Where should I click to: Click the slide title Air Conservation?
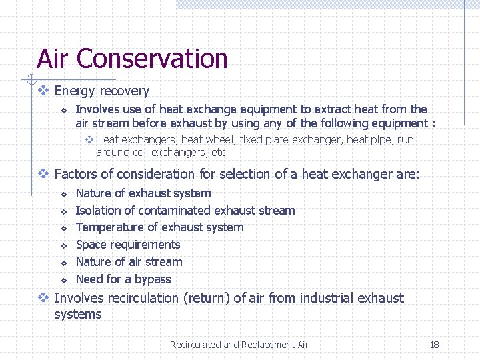tap(132, 59)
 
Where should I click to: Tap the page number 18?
tap(434, 345)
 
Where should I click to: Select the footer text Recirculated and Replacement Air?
tap(239, 345)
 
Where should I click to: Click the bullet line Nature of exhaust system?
tap(143, 193)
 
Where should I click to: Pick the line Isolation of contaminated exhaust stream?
tap(185, 211)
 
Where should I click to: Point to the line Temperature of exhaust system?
tap(159, 227)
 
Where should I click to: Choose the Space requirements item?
tap(128, 245)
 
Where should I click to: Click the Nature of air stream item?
tap(129, 262)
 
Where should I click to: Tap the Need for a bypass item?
tap(123, 279)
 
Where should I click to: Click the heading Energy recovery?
tap(101, 91)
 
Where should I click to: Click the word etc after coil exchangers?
tap(217, 153)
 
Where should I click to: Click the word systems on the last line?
tap(77, 315)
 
